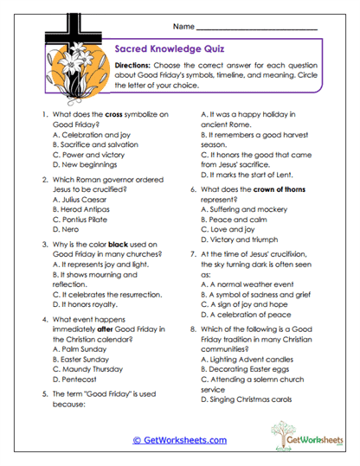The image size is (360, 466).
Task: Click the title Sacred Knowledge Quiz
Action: coord(170,50)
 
